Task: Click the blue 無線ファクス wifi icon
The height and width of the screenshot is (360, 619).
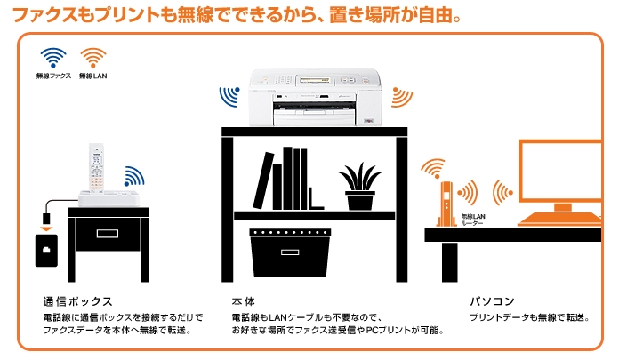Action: [52, 58]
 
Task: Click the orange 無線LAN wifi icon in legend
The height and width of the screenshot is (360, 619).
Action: [93, 58]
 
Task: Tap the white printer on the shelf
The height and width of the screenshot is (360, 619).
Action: [316, 98]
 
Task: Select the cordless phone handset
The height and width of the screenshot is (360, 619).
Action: [96, 168]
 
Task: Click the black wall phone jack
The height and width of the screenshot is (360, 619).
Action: [46, 251]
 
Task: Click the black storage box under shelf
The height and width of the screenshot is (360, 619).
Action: [290, 252]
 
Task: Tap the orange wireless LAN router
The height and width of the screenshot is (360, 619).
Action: [446, 204]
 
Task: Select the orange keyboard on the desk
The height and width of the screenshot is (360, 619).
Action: [559, 219]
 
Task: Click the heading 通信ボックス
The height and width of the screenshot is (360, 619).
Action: [77, 302]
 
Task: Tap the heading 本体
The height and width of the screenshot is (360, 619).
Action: [243, 302]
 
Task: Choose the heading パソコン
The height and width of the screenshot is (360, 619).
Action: [493, 301]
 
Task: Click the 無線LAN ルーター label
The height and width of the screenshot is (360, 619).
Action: [473, 220]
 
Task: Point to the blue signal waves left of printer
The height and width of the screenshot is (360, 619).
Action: [229, 96]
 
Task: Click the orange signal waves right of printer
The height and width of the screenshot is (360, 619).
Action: [402, 97]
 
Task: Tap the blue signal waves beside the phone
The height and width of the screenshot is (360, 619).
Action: [134, 176]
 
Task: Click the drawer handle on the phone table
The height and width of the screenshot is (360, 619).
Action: [108, 233]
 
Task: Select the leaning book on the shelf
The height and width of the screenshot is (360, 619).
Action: [263, 180]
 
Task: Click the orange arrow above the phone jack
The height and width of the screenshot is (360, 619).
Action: [46, 229]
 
